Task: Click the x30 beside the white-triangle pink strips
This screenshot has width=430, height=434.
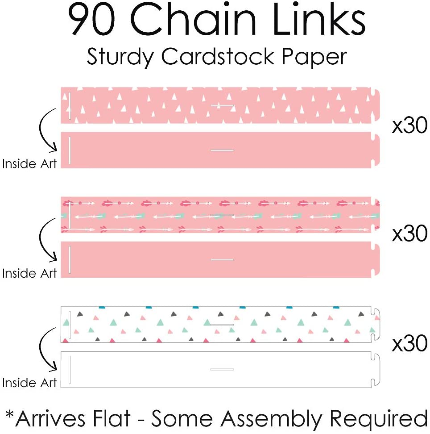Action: [x=409, y=127]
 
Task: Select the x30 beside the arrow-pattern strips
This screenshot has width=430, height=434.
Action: [x=409, y=234]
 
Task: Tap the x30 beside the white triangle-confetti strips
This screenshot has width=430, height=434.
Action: [x=409, y=344]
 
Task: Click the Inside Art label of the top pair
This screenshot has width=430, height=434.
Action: [x=29, y=164]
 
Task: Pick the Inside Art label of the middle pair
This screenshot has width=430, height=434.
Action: [x=29, y=273]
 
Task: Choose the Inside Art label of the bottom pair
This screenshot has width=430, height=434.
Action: [x=29, y=383]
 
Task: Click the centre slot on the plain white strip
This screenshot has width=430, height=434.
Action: [x=222, y=369]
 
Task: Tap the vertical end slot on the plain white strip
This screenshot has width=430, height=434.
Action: [x=70, y=370]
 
